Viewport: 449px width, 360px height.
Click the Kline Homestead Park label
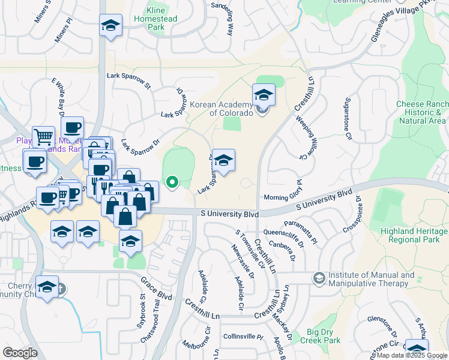point(162,19)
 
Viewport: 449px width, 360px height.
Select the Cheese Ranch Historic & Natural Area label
point(421,113)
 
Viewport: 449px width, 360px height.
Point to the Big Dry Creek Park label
point(324,336)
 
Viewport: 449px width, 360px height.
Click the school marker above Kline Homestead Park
point(110,26)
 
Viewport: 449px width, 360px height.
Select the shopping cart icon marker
point(43,137)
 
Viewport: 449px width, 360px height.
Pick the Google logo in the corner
point(20,353)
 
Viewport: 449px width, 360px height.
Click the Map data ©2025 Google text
point(411,355)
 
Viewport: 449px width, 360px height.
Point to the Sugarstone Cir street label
point(348,120)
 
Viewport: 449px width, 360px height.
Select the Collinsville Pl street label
point(243,337)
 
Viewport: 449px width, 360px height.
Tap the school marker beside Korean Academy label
point(263,94)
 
